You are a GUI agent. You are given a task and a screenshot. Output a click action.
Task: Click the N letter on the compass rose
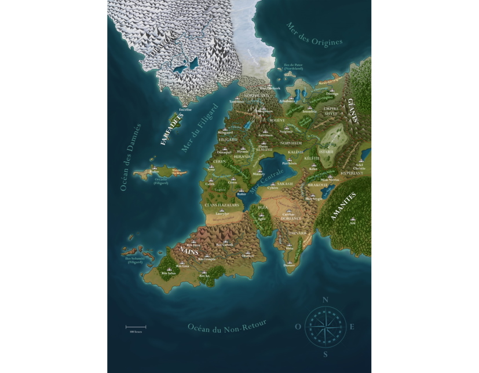pos(325,300)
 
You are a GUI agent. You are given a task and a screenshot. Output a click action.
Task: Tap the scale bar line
pos(136,327)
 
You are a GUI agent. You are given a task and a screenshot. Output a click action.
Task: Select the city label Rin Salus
pos(168,272)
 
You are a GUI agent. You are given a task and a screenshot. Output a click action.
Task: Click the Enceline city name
pos(185,109)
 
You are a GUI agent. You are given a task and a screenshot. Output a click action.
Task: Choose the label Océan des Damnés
pos(129,157)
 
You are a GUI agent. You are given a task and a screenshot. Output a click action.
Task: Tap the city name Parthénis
pos(290,164)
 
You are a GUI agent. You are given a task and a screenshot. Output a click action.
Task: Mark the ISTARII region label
pos(326,152)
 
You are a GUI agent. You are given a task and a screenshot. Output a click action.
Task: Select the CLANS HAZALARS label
pos(221,205)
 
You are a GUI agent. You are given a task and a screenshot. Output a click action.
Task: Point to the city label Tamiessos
pos(237,101)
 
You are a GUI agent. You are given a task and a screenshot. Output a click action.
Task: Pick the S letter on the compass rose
pos(325,354)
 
